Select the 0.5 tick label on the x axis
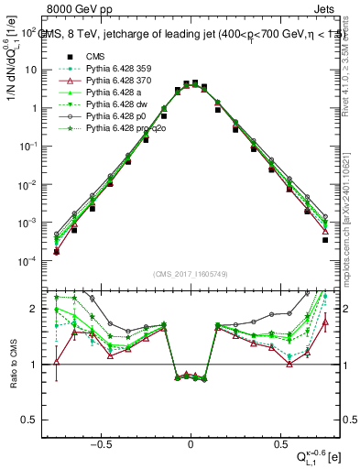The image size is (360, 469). pos(278,441)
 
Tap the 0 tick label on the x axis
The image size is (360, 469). pos(191,441)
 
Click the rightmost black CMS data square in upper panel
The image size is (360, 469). pos(325,240)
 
